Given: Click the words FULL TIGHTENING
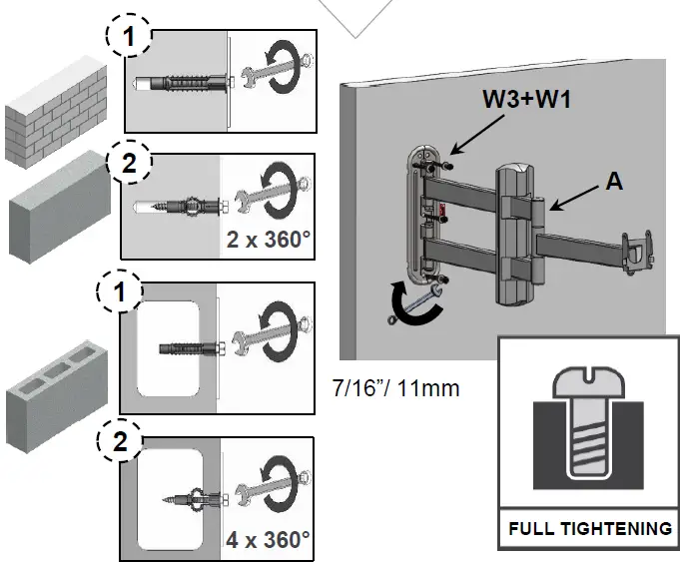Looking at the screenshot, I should (x=589, y=528).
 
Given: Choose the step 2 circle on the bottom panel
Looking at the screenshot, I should (x=121, y=442).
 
